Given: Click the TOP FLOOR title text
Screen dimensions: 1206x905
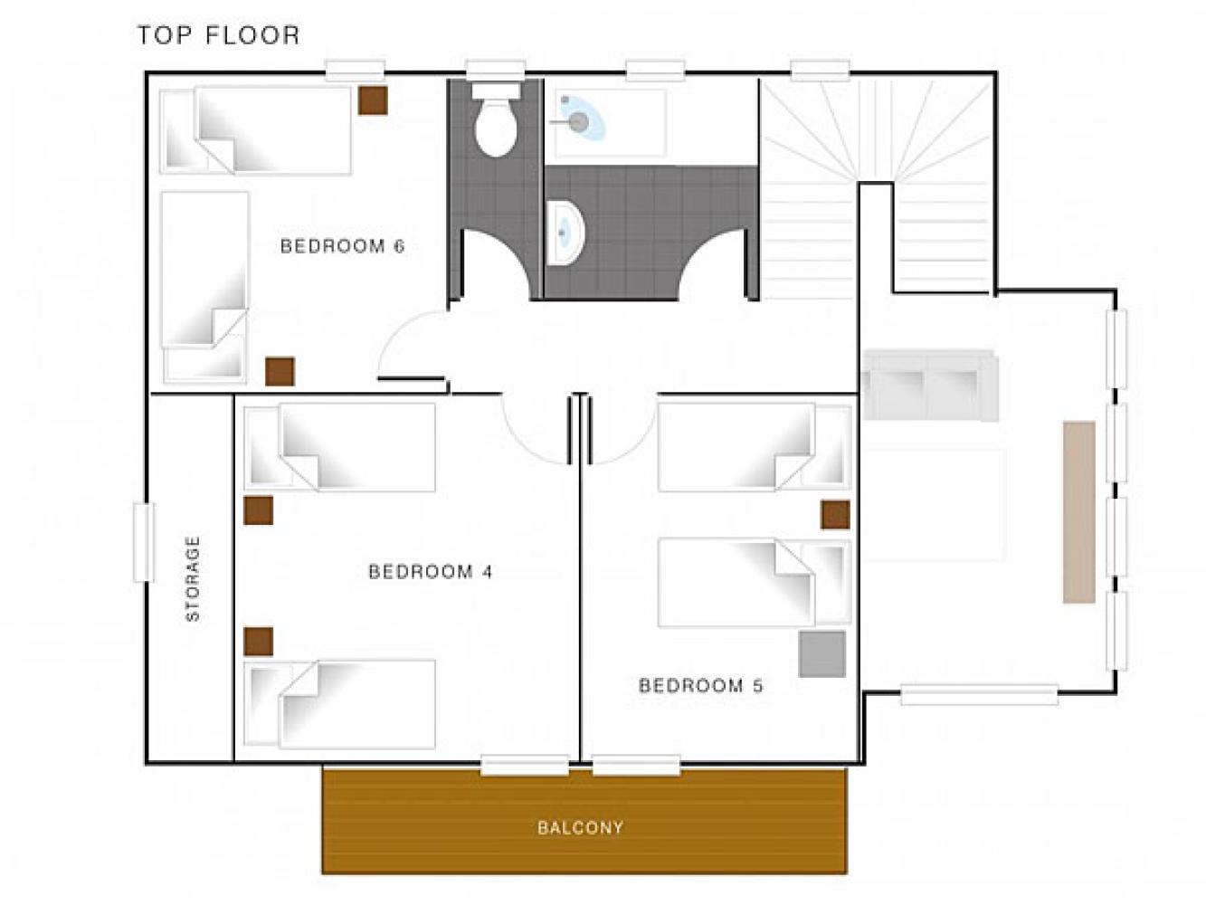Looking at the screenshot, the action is point(218,35).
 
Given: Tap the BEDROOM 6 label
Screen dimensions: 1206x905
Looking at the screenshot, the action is point(342,245).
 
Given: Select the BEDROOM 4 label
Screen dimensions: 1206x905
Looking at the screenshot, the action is point(431,572).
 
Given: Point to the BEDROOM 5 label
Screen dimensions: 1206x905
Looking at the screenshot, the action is point(700,686).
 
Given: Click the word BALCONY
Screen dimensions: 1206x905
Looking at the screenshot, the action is point(580,827).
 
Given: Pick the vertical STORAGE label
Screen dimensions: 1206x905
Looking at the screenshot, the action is point(193,578).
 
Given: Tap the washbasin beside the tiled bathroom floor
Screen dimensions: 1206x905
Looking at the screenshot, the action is point(566,233).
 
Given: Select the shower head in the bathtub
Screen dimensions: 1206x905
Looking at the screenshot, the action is point(578,121).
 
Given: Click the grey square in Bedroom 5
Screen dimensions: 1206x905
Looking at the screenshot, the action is point(822,654).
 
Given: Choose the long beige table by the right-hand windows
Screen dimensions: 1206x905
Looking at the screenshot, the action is point(1079,512).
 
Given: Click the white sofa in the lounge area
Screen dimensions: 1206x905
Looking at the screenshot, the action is point(930,386).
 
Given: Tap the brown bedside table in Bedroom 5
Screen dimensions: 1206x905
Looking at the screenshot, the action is point(835,515).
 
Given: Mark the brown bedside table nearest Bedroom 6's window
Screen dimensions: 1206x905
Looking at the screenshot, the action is point(373,100).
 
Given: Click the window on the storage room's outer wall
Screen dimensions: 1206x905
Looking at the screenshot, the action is point(144,542).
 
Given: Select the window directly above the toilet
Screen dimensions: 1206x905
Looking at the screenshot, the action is point(496,71).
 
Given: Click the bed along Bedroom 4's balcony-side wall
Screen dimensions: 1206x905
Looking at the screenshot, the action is point(339,704).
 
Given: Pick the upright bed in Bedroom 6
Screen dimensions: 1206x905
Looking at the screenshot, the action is point(204,287).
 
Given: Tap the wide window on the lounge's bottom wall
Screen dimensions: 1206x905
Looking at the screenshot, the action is point(979,694).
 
